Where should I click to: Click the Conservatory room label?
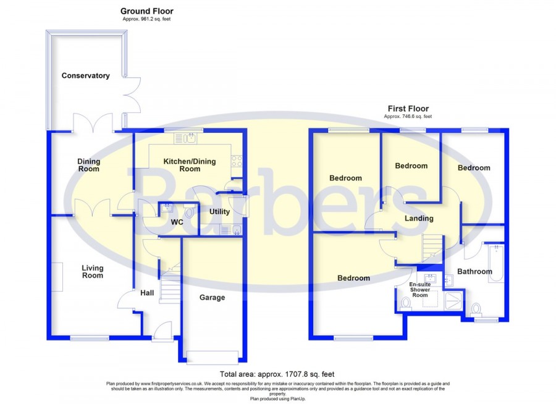[85, 75]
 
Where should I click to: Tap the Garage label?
[212, 298]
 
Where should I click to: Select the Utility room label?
[219, 212]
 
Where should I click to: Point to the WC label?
[177, 222]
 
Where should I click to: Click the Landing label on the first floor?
[419, 219]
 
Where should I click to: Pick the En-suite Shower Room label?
[420, 290]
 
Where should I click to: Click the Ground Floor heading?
[147, 11]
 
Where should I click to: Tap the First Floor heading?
[408, 109]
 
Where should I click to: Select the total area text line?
[277, 374]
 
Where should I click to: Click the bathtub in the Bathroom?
[496, 264]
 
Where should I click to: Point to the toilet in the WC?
[189, 212]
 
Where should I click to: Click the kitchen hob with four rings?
[237, 161]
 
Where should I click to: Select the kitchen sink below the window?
[185, 138]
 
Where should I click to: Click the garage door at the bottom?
[213, 358]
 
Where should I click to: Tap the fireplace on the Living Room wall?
[58, 277]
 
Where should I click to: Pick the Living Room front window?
[90, 339]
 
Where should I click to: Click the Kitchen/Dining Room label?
[190, 166]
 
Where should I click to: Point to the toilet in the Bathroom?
[476, 309]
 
